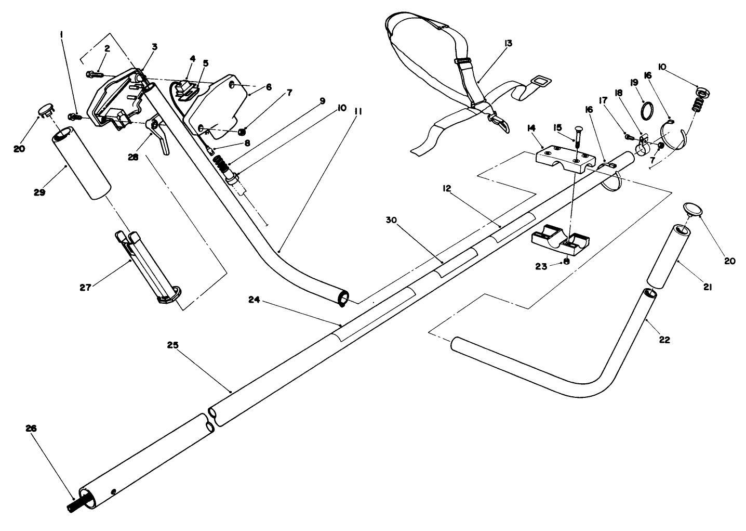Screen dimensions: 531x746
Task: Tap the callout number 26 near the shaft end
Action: (31, 428)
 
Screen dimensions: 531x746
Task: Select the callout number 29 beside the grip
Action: (39, 192)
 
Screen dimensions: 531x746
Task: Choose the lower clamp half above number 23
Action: (561, 238)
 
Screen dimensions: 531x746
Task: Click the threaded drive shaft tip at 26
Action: (76, 506)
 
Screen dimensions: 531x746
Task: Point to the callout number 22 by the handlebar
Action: (664, 340)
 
